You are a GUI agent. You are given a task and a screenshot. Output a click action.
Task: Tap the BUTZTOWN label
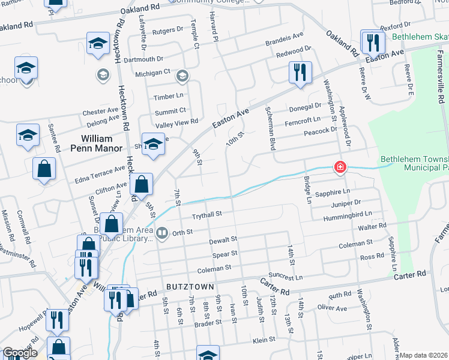190,287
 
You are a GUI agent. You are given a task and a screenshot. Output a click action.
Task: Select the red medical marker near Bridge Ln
340,167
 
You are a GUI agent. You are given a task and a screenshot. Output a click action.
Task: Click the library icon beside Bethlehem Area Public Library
161,232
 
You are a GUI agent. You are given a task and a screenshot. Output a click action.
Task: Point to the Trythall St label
206,214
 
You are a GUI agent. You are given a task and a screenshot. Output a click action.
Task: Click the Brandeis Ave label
285,44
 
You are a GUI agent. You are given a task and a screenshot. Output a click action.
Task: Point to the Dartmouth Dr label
143,59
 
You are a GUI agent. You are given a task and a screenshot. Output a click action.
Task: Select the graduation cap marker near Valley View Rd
153,144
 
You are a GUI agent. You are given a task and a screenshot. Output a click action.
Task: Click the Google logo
20,353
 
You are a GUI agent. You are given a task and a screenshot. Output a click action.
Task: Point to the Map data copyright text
423,355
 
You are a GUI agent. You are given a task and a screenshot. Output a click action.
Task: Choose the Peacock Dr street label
321,130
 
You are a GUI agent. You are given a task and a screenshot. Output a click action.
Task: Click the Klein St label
264,339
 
